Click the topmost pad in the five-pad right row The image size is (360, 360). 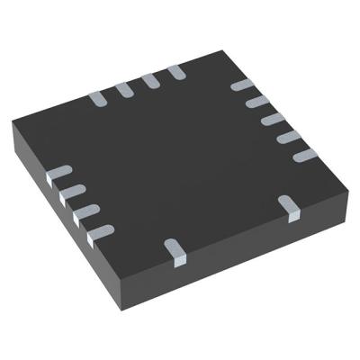pos(241,86)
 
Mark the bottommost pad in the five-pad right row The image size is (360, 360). pos(301,156)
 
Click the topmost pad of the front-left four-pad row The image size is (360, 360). pos(60,173)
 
